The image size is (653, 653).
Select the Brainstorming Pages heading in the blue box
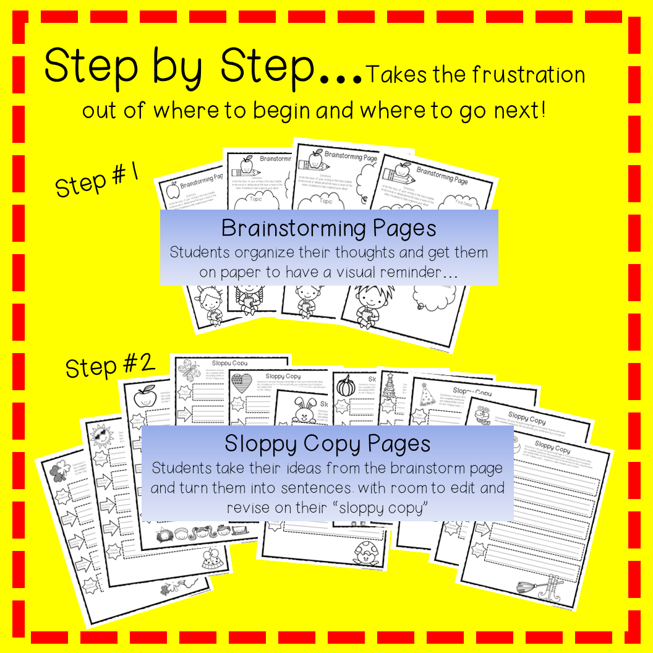point(328,228)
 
